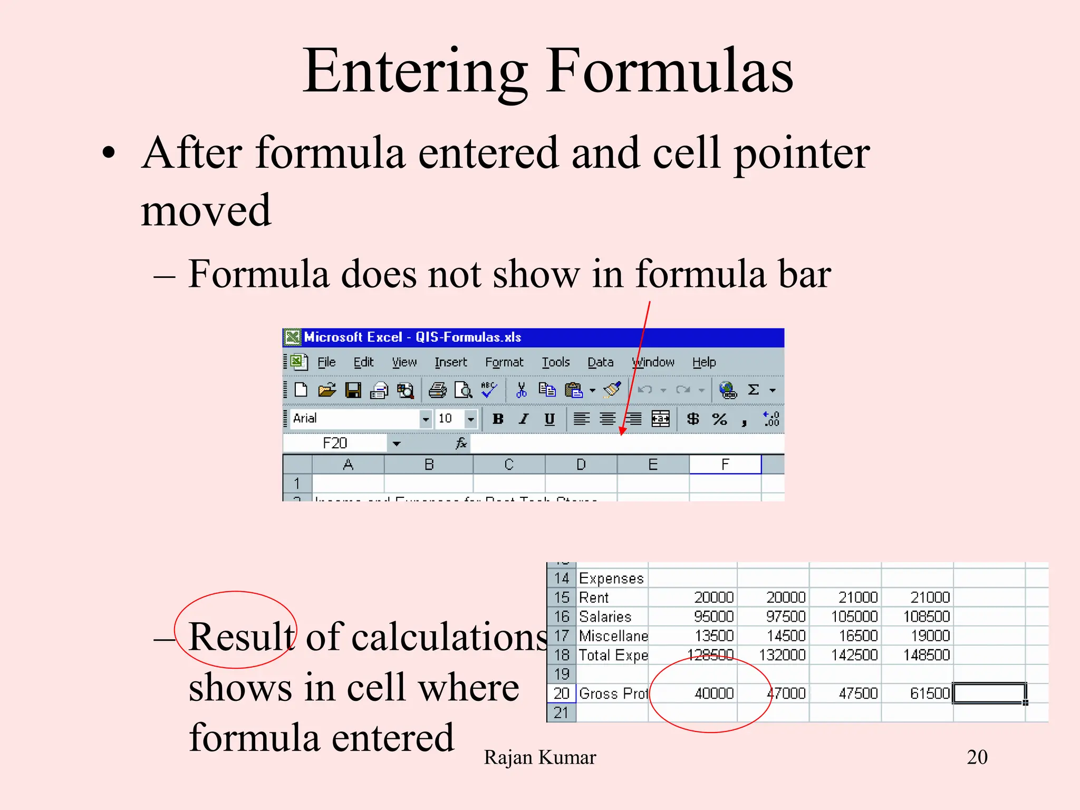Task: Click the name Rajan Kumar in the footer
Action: (x=539, y=757)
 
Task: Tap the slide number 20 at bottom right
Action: (x=977, y=757)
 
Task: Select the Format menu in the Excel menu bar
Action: (x=504, y=362)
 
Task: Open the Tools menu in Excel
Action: (x=556, y=362)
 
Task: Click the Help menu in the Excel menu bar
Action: (x=704, y=362)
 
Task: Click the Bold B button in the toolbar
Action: (x=497, y=419)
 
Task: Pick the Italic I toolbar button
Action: (x=523, y=419)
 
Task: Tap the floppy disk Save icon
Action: (x=353, y=390)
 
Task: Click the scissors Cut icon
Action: (x=521, y=390)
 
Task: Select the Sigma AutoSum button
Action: (x=754, y=390)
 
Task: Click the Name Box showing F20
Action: (x=335, y=443)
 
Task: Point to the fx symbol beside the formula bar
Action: (x=461, y=443)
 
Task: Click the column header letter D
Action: (x=581, y=465)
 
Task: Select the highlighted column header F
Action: (x=725, y=465)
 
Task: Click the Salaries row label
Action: (x=605, y=616)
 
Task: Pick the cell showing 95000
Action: (x=713, y=616)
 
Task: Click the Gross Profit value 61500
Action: (x=930, y=693)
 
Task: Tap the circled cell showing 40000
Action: (x=713, y=693)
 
